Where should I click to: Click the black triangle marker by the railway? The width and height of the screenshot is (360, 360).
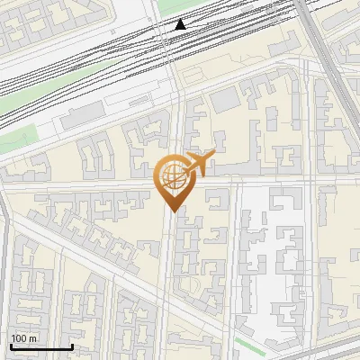pos(181,24)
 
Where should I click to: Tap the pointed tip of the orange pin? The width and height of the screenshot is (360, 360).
pos(171,211)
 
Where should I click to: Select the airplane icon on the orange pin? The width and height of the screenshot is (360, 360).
pos(200,163)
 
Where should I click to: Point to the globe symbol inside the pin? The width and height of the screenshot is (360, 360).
pos(171,174)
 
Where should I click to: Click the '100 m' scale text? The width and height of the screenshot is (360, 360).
pos(24,338)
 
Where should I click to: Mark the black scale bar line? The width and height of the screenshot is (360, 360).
pos(41,346)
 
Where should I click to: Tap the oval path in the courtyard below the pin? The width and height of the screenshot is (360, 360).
pos(190,285)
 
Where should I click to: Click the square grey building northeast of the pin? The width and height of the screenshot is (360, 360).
pos(225,100)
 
